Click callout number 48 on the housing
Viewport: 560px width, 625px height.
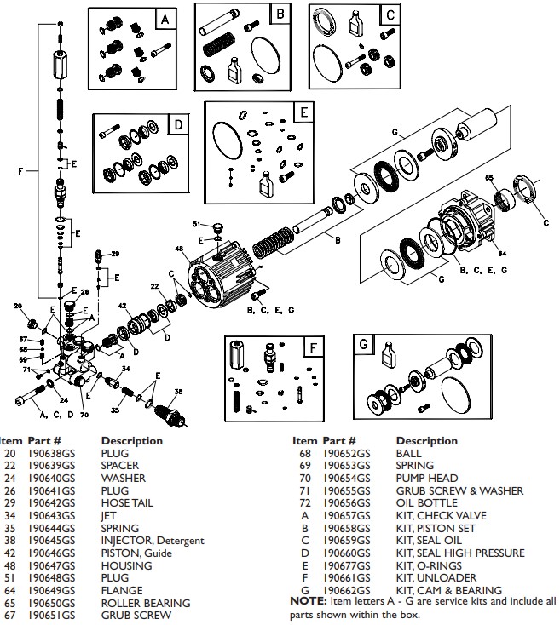point(180,249)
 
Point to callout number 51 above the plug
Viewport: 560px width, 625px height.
point(195,224)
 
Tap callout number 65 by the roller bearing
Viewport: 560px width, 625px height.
point(489,177)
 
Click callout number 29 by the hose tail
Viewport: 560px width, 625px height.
point(116,254)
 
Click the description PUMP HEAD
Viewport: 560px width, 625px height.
point(426,479)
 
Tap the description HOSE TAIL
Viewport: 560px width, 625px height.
point(127,503)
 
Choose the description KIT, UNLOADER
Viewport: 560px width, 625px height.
point(441,578)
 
